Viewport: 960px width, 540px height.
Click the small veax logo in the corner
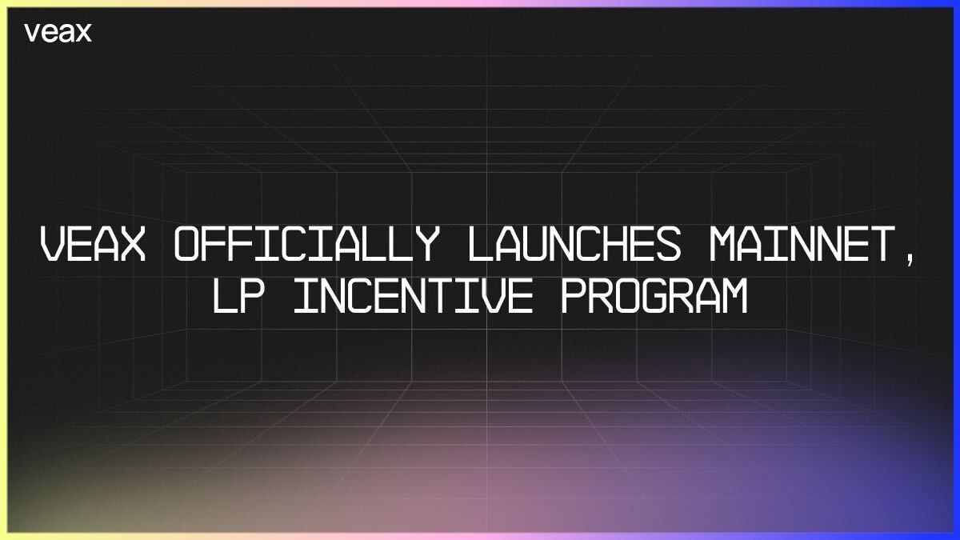tap(58, 33)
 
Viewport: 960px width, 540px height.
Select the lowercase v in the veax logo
tap(31, 34)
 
